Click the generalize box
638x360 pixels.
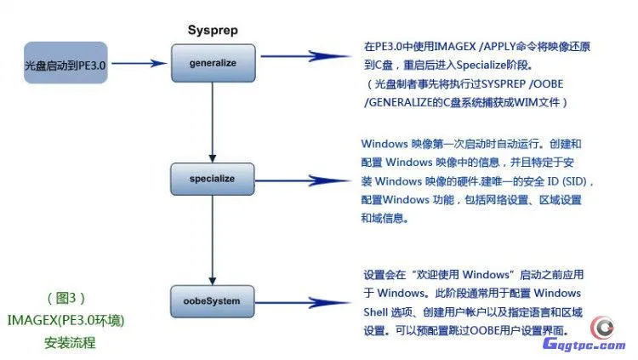pyautogui.click(x=211, y=62)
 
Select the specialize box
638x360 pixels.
pyautogui.click(x=211, y=179)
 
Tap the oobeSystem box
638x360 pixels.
pyautogui.click(x=211, y=300)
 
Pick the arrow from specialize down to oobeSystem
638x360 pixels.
pyautogui.click(x=211, y=239)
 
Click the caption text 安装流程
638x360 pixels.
pyautogui.click(x=70, y=344)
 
